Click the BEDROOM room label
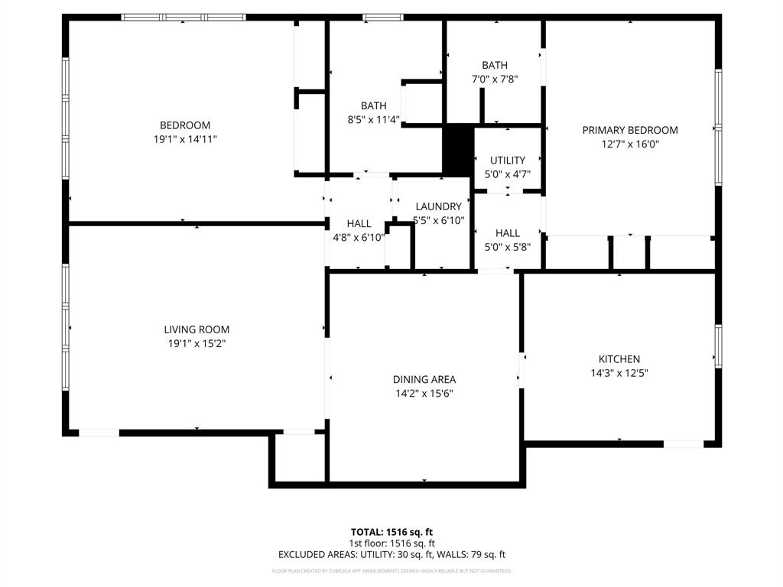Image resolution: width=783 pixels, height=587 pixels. (184, 125)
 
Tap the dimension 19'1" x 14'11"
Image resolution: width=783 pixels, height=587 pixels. (184, 140)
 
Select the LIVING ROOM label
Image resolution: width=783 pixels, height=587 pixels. (197, 329)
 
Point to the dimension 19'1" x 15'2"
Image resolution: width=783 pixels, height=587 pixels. (197, 344)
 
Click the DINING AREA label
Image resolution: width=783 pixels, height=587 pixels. (424, 379)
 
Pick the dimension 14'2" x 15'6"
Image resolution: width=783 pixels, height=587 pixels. (424, 394)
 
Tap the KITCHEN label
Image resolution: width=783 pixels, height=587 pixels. (619, 358)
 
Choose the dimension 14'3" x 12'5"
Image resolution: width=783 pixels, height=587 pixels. (619, 373)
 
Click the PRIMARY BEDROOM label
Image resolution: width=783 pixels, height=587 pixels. (630, 130)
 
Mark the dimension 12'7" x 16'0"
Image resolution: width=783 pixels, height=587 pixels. (630, 144)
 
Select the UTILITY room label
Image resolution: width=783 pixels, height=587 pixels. (508, 160)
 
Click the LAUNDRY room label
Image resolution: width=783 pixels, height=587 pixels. (438, 206)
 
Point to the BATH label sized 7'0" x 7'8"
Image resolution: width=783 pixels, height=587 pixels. (494, 65)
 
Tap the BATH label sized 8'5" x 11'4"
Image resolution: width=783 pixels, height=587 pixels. (374, 105)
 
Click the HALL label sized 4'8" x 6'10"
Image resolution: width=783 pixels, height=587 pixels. (359, 223)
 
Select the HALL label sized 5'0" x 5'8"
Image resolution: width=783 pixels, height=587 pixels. (507, 232)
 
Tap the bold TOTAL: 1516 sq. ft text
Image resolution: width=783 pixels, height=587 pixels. (391, 532)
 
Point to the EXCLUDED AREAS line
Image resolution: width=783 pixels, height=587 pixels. (391, 555)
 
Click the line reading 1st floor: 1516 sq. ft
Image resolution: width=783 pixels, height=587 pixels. (391, 543)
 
